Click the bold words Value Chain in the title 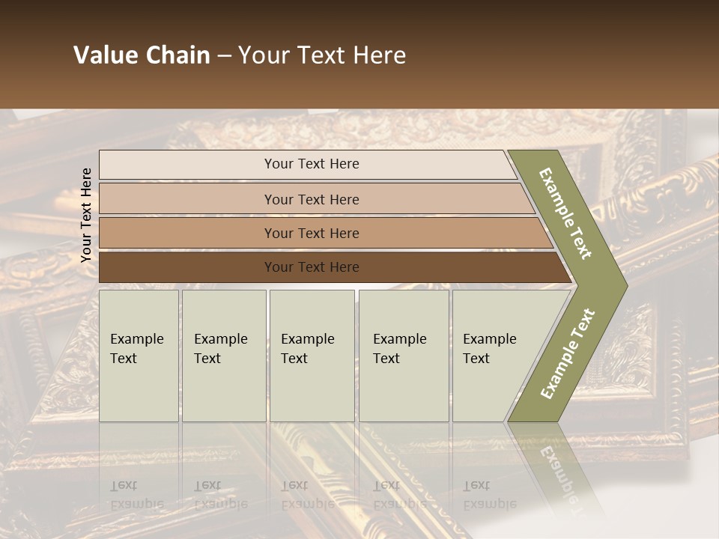coord(142,55)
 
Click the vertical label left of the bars coord(86,215)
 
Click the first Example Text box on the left coord(139,356)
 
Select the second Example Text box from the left coord(224,356)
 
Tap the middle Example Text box coord(312,356)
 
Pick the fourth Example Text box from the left coord(404,356)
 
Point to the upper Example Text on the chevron coord(565,213)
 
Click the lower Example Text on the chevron coord(568,354)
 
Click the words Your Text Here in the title coord(322,55)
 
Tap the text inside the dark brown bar coord(312,267)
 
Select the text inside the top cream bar coord(312,164)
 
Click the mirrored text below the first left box coord(136,495)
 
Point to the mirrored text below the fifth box coord(489,495)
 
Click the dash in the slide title coord(224,56)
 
